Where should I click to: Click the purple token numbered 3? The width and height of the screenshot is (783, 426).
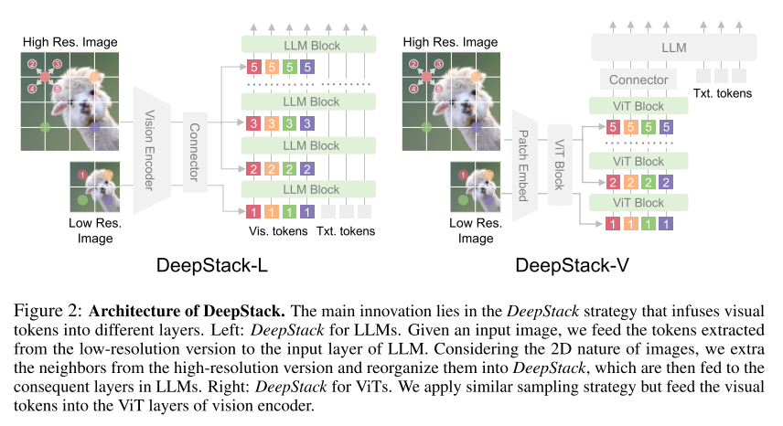[307, 122]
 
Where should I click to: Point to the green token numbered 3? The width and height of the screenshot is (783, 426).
[289, 122]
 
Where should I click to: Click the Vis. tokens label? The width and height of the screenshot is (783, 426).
[278, 231]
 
